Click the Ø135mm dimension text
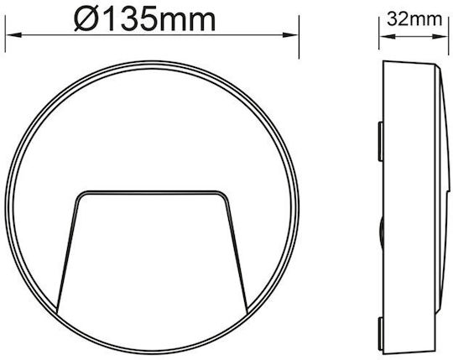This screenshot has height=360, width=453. coord(145,19)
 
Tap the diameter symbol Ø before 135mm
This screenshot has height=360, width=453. coord(85,19)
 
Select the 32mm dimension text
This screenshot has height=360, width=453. coord(414,19)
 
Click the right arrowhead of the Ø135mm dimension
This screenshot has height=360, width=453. coord(289,35)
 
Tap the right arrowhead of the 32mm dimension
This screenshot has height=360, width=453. coord(440,37)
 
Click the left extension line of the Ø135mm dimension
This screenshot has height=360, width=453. coord(5,34)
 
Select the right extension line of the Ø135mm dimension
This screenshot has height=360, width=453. coord(299,37)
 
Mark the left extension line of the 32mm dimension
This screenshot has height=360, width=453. coord(378,33)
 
